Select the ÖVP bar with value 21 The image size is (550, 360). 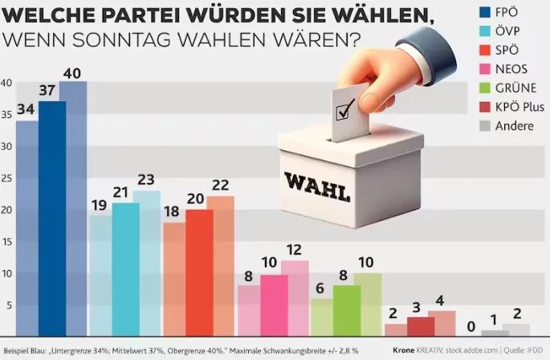pos(124,269)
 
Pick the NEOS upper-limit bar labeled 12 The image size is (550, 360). pos(295,297)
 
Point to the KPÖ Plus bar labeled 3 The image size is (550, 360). pos(420,326)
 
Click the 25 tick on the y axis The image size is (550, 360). pos(6,178)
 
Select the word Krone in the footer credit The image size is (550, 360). pos(409,350)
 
